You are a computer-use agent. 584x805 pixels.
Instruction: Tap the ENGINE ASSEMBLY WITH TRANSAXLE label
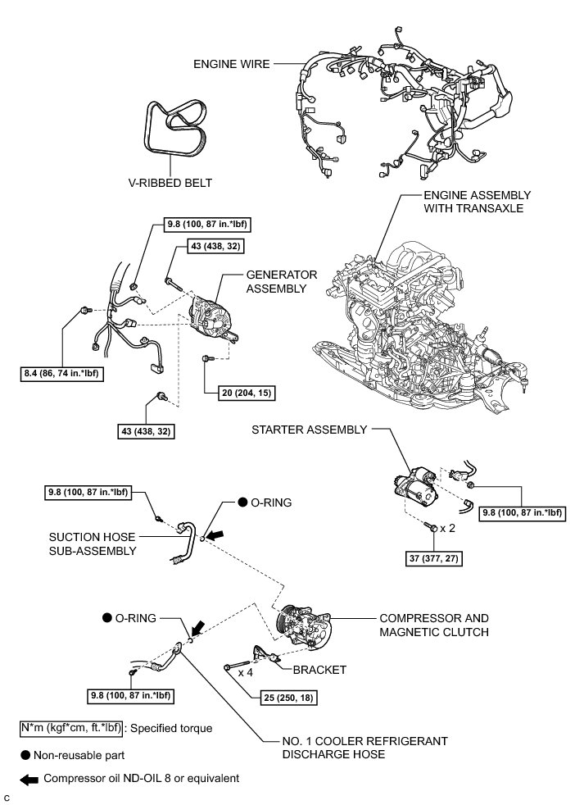coord(478,202)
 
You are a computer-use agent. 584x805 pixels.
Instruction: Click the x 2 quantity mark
coord(447,529)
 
